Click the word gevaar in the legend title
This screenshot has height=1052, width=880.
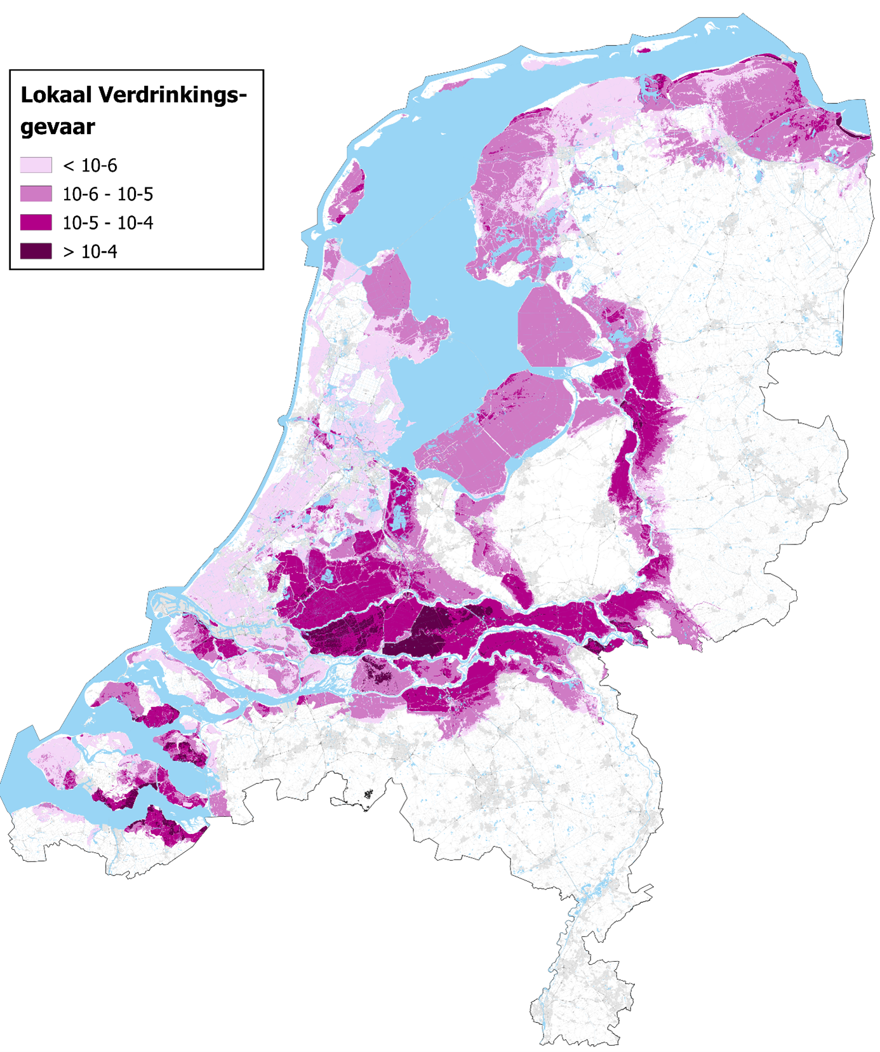[x=57, y=127]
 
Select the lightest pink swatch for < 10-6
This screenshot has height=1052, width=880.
[x=36, y=165]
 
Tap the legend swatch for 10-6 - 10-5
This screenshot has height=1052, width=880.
[x=36, y=194]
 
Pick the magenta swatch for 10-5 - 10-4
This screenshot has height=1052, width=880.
[x=36, y=222]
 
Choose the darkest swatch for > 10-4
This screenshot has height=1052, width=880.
[x=36, y=251]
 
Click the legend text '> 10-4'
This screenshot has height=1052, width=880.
[x=90, y=252]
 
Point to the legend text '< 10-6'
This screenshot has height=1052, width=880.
[x=90, y=166]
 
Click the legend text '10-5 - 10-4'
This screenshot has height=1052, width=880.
[x=107, y=223]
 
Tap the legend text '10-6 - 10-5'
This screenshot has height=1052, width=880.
[x=107, y=194]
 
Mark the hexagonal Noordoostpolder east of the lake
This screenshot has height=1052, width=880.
[x=552, y=324]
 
